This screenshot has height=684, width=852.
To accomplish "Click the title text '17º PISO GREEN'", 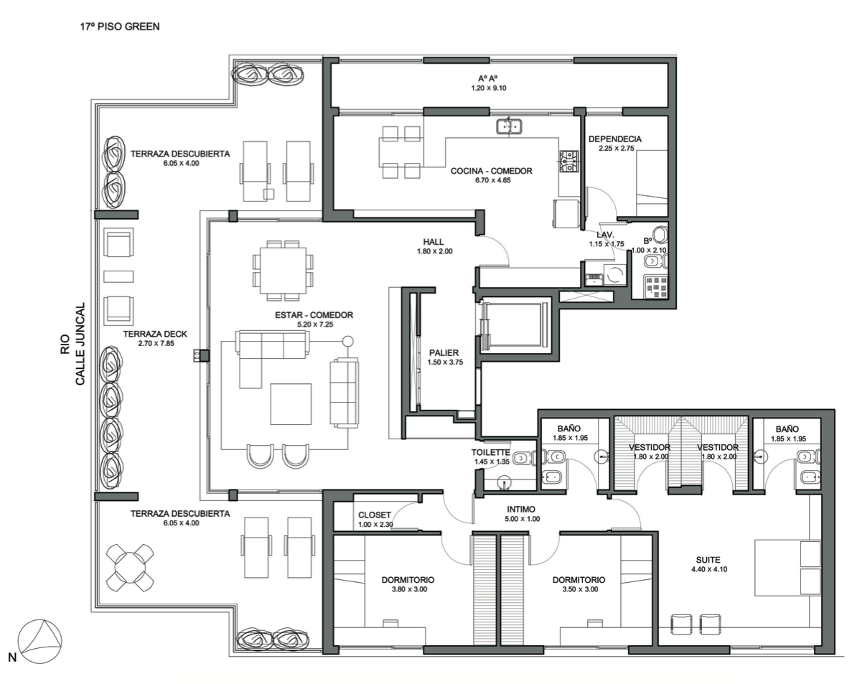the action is (x=120, y=26).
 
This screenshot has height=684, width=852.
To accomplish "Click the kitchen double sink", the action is (x=509, y=126).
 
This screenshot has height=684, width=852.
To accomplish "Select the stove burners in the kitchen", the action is (x=568, y=161).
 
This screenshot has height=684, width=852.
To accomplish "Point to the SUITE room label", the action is (x=708, y=560).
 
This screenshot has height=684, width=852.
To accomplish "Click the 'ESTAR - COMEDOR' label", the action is (x=314, y=315).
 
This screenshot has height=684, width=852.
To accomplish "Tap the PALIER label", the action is (x=444, y=353).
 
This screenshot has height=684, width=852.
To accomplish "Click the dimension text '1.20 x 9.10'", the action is (x=489, y=88).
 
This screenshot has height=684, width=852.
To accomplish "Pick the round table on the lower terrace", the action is (x=130, y=567).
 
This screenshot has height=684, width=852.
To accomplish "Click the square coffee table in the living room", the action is (x=291, y=404).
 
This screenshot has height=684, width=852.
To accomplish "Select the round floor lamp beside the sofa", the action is (x=347, y=341).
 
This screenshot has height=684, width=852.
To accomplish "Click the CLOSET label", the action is (x=375, y=515).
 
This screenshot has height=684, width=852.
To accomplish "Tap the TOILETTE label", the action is (x=491, y=452).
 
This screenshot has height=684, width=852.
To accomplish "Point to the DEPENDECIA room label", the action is (x=615, y=139).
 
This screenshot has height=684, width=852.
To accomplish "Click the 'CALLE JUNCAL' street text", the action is (x=80, y=344).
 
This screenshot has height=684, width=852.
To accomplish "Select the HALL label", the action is (x=434, y=242).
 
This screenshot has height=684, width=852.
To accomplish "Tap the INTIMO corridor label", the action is (x=521, y=510).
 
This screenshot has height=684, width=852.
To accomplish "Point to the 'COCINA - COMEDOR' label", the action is (x=491, y=171).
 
